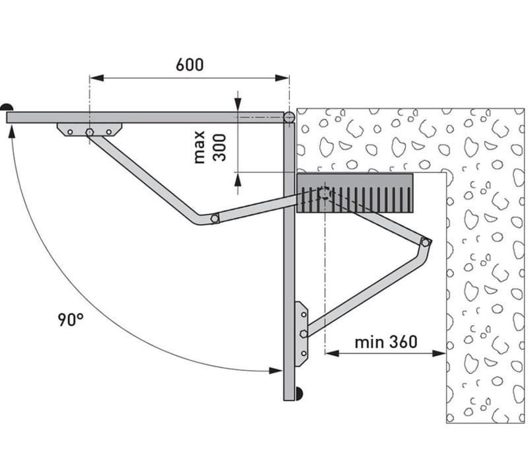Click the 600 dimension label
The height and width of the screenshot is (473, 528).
(x=189, y=65)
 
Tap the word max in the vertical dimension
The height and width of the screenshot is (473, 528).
(x=199, y=147)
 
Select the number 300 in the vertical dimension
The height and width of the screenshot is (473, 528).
(x=220, y=147)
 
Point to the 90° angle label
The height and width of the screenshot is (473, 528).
(x=70, y=320)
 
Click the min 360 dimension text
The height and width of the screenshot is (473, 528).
(x=386, y=342)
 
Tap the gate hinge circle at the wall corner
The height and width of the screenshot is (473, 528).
(x=289, y=118)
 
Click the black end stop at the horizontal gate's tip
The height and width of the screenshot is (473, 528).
(x=7, y=108)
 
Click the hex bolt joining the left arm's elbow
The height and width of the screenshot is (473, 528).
(x=214, y=218)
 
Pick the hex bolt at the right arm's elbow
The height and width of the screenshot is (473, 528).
(x=425, y=242)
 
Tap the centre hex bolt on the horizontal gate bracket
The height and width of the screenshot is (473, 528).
(x=90, y=132)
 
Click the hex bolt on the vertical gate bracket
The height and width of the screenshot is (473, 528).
(x=304, y=334)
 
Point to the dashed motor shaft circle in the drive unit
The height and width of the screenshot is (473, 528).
(x=325, y=194)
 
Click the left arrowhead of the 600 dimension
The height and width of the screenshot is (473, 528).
(x=96, y=78)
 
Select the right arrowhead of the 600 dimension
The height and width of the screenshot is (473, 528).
(x=282, y=78)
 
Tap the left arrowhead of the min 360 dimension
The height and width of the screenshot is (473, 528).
(x=332, y=353)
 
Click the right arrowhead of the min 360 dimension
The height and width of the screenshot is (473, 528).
(x=439, y=353)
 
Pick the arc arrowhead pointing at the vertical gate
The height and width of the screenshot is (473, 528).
(x=275, y=371)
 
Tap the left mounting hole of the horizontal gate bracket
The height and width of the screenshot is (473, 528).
(x=70, y=132)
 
